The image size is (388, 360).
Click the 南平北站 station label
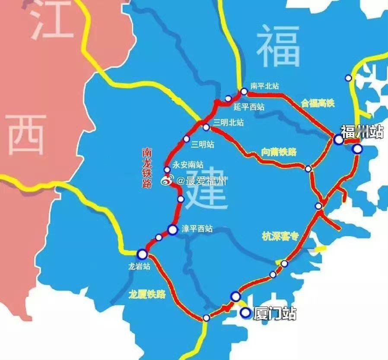[x=264, y=86]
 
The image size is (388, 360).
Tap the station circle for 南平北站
[x=244, y=92]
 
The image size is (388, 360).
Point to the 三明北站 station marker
[x=206, y=127]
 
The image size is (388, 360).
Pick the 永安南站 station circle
[x=167, y=169]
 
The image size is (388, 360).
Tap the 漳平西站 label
[x=197, y=229]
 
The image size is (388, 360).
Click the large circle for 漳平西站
[x=172, y=230]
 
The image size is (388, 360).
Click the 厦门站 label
[x=275, y=314]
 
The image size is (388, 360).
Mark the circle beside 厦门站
[x=245, y=313]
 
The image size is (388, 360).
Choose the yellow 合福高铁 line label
[x=318, y=103]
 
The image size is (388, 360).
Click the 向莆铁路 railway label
[x=279, y=152]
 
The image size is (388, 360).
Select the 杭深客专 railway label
[x=280, y=236]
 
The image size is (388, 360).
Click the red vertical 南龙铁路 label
[x=147, y=168]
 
